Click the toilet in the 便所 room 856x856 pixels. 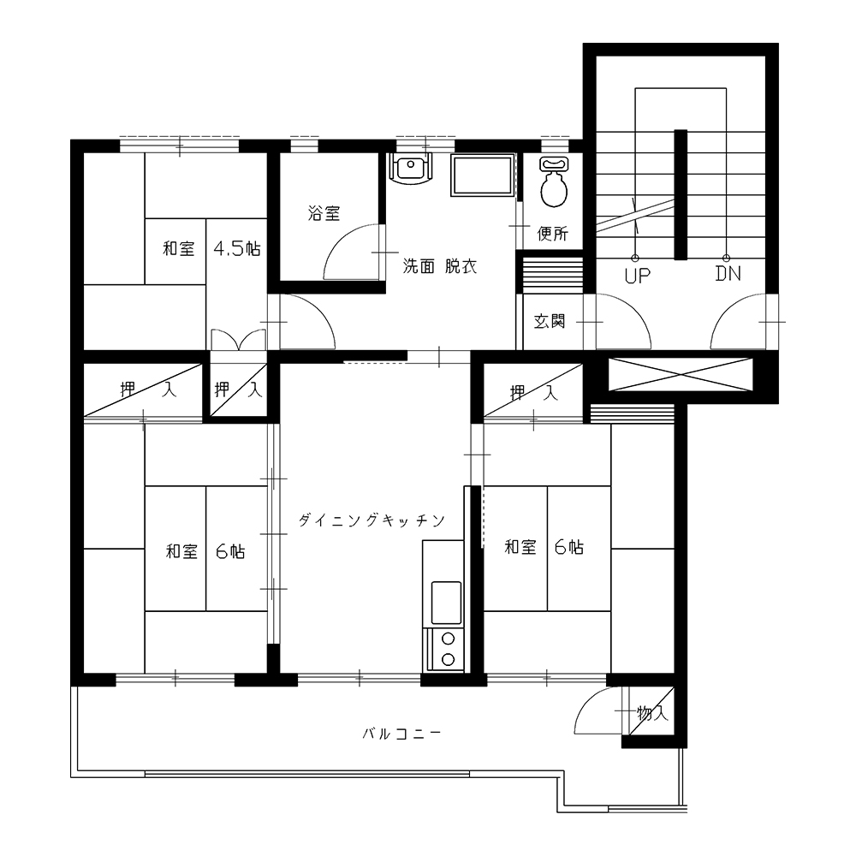point(554,181)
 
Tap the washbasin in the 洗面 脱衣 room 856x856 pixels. point(411,169)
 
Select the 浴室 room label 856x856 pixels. point(324,213)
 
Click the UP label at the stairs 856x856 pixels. point(637,276)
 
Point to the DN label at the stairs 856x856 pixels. point(728,274)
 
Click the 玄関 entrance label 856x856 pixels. point(550,322)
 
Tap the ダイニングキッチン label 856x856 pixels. point(372,520)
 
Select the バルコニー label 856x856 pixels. point(401,734)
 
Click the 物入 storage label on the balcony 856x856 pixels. point(652,712)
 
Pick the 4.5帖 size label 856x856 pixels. point(237,249)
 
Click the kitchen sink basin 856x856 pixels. point(446,603)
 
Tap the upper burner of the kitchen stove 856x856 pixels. point(449,639)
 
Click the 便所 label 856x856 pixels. point(552,234)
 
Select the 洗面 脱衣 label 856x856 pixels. point(439,266)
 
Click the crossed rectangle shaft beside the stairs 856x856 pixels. point(681,375)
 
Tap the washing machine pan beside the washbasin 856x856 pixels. point(482,175)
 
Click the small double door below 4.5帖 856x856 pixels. point(238,339)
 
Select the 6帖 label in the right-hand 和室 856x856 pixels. point(569,546)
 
